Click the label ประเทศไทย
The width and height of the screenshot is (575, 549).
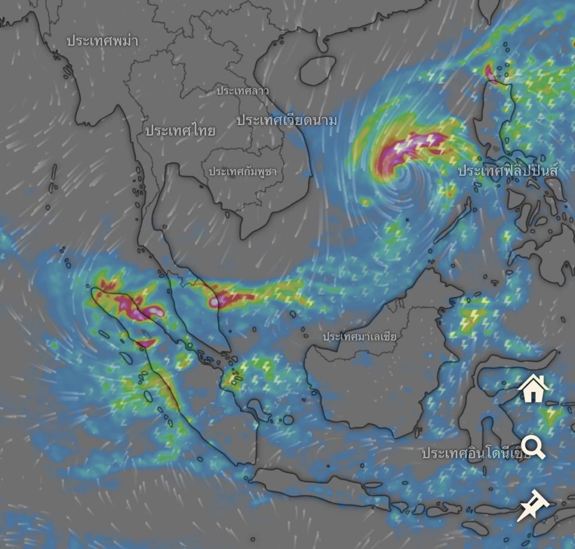point(180,130)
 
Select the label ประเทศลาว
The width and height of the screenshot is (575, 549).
point(242,91)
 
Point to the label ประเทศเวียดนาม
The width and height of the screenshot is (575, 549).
point(287,121)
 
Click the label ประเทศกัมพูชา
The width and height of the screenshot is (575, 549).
point(242,172)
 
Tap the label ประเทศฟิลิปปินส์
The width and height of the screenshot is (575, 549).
point(507,171)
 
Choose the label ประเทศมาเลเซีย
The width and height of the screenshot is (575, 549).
point(359,337)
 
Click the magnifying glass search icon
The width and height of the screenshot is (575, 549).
point(533,447)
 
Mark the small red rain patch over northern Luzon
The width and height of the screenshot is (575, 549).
point(490,73)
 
